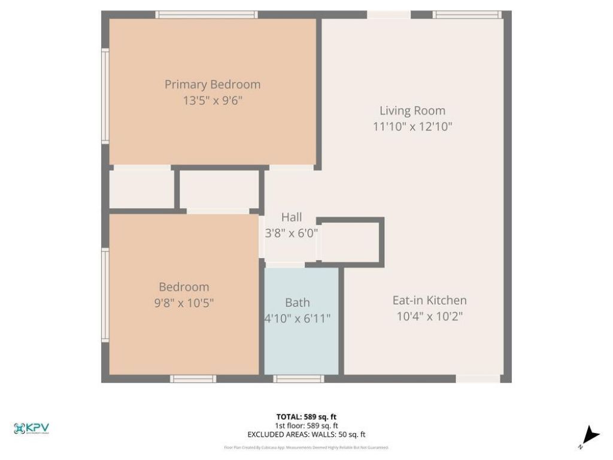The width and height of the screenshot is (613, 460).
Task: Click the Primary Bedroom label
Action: point(213,84)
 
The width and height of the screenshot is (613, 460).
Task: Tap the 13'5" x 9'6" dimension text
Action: point(213,101)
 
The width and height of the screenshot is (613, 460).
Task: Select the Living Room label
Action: point(412,111)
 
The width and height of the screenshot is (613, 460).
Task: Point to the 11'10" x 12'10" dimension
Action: point(412,126)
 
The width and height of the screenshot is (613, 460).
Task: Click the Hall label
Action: point(292,217)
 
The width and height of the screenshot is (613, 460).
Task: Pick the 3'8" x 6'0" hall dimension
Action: point(292,233)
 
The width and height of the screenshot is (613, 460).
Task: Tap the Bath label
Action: point(298,302)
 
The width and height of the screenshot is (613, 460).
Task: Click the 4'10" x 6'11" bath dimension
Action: point(298,318)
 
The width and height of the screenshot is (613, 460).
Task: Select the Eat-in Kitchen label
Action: point(429,301)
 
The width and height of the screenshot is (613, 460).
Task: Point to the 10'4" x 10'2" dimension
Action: point(429,316)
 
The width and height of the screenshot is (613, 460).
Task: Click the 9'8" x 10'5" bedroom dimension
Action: point(184,303)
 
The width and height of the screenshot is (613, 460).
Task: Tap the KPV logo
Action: point(31,429)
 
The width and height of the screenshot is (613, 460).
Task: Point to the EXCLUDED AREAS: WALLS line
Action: point(306,435)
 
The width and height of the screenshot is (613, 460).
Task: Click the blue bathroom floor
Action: point(302,347)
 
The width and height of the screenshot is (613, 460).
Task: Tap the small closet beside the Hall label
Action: point(350,241)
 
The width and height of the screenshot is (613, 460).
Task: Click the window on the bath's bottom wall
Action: point(299,379)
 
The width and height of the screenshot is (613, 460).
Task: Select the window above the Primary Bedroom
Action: point(207,14)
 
